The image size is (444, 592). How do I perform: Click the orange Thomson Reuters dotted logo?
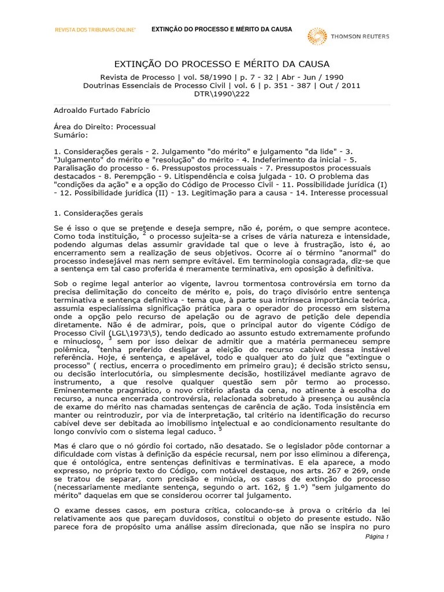click(x=318, y=36)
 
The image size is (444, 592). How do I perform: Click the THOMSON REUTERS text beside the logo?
click(x=360, y=36)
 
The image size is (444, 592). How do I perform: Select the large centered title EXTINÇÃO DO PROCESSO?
click(x=222, y=64)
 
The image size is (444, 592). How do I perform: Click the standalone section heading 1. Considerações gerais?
click(x=94, y=213)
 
